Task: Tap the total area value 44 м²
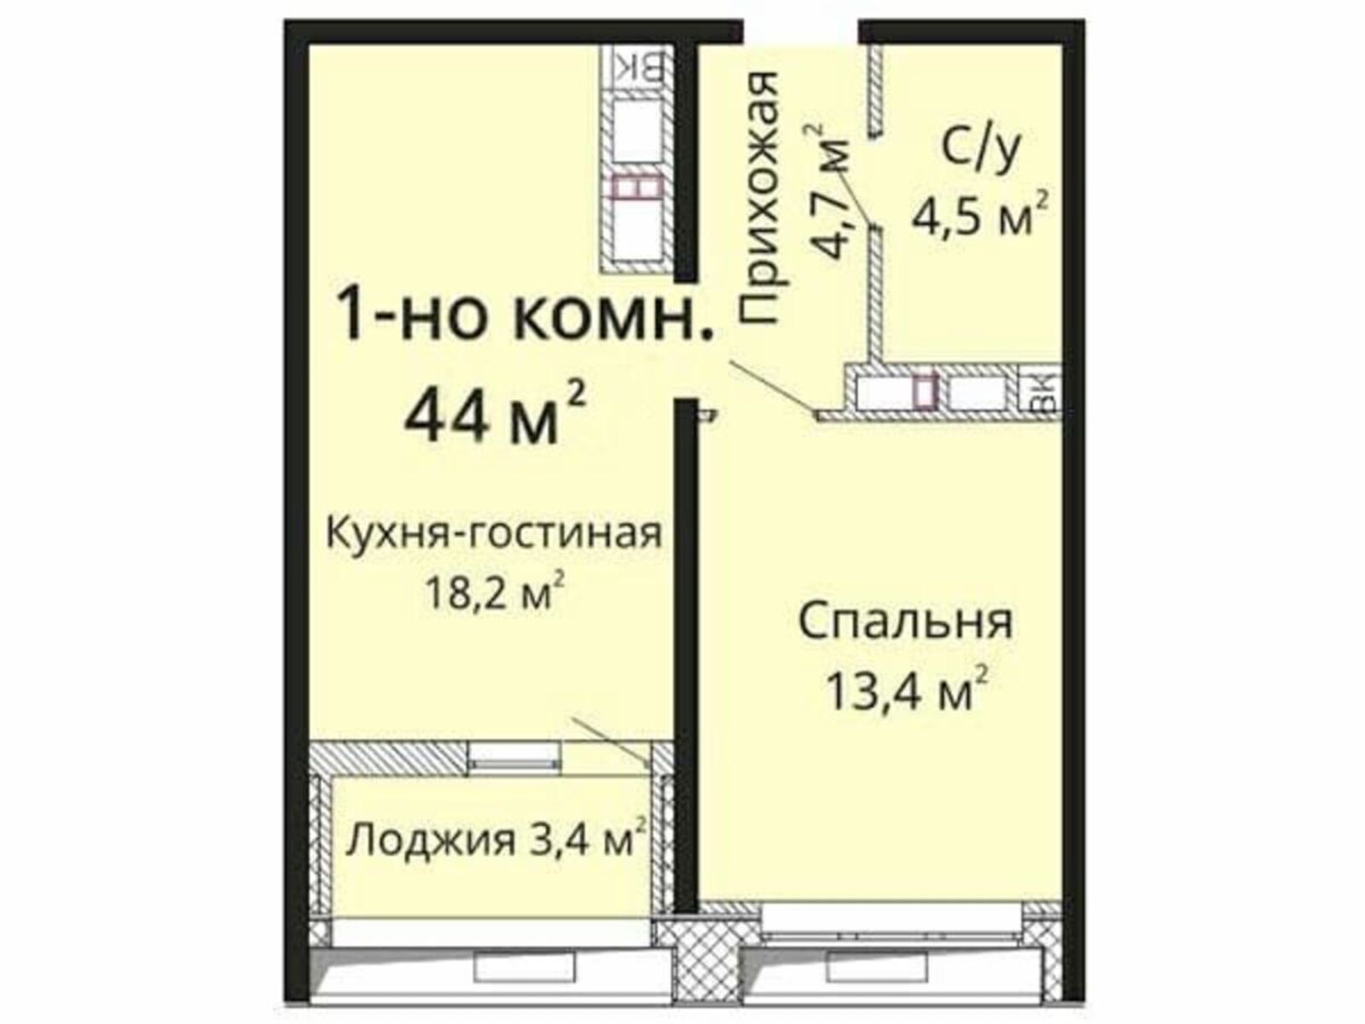pos(494,414)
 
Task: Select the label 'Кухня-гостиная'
pos(494,534)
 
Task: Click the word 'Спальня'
pos(906,622)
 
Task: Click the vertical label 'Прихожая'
pos(760,198)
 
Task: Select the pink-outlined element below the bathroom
pos(923,391)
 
